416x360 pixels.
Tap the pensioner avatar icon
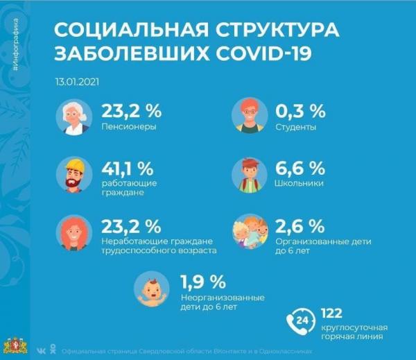[x=73, y=117]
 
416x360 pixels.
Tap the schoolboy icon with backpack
[x=250, y=174]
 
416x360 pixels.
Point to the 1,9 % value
[x=203, y=282]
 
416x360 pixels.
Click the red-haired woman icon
[x=73, y=234]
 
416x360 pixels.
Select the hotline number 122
[x=333, y=313]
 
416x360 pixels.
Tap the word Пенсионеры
[x=129, y=128]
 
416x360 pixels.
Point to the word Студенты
[x=295, y=128]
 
